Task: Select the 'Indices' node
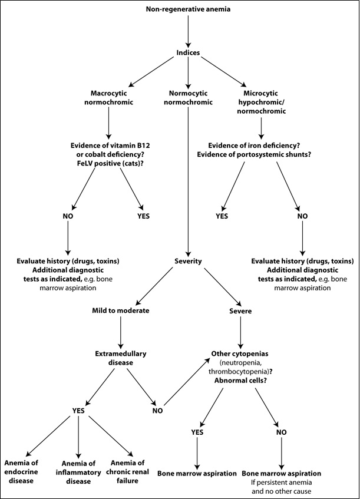click(x=187, y=53)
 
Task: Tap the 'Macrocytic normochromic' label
click(x=109, y=98)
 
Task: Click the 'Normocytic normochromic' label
click(x=187, y=98)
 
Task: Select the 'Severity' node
click(x=187, y=261)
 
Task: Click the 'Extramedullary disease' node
click(x=120, y=358)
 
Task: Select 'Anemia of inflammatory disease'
click(x=79, y=472)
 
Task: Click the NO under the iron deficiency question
click(x=303, y=216)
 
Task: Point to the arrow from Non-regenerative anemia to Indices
click(x=187, y=31)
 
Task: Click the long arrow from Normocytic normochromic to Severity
click(x=187, y=177)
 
